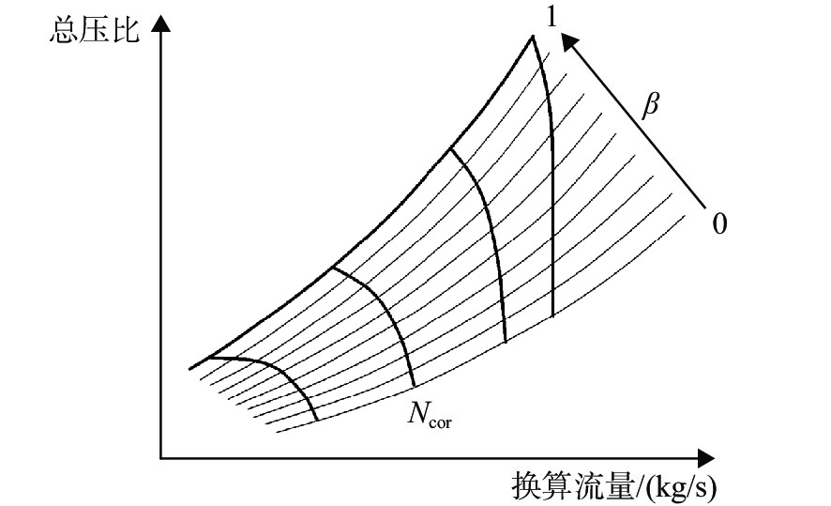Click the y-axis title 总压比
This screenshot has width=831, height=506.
95,29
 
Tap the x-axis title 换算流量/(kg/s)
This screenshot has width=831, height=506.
613,486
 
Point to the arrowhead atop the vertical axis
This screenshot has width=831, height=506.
160,23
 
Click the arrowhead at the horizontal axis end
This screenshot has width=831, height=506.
706,458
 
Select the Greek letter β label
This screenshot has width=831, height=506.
650,104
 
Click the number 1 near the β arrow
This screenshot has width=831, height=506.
551,17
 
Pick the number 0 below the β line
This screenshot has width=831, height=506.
719,223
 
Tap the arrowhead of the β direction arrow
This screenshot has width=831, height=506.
569,41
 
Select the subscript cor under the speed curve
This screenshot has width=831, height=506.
441,422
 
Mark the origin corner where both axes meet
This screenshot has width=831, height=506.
160,458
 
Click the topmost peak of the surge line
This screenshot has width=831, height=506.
532,36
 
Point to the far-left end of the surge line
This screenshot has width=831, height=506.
189,368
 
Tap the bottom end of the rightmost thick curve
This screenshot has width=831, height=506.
553,316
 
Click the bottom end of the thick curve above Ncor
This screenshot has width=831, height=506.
414,386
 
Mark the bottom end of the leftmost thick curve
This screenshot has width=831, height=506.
317,420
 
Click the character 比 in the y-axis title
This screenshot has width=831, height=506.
126,29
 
